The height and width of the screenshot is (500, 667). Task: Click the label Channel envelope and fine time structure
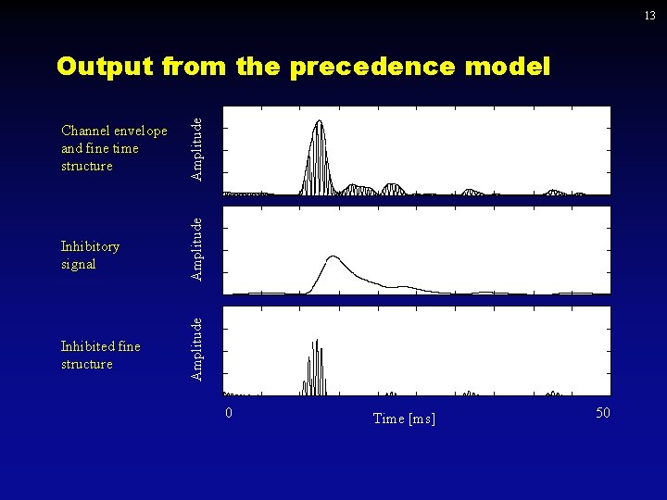click(113, 148)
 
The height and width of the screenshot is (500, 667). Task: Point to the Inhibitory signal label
click(90, 255)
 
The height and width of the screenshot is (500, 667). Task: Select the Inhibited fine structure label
click(100, 355)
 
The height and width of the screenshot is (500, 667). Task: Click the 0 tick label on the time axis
click(230, 412)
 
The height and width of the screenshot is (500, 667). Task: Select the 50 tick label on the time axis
click(602, 412)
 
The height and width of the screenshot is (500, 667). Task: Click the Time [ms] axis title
click(404, 419)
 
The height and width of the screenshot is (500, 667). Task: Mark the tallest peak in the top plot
click(319, 122)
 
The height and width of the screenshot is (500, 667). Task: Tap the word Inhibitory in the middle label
click(90, 246)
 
